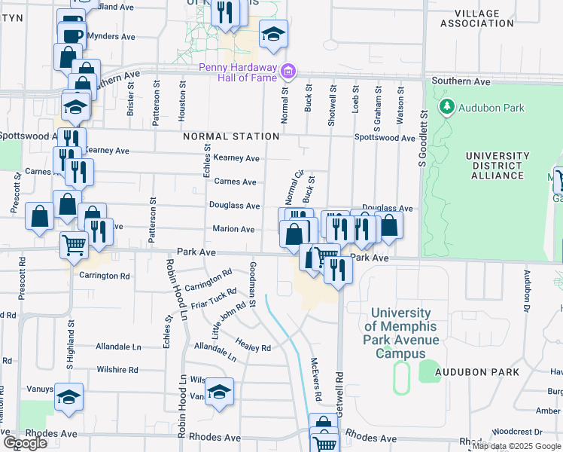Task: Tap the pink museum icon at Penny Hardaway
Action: click(288, 72)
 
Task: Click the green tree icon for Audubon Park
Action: click(448, 107)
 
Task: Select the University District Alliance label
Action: click(493, 166)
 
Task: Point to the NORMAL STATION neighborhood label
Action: click(231, 136)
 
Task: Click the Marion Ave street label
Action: click(233, 229)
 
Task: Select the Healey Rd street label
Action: click(256, 348)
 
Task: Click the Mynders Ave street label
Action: click(111, 36)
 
